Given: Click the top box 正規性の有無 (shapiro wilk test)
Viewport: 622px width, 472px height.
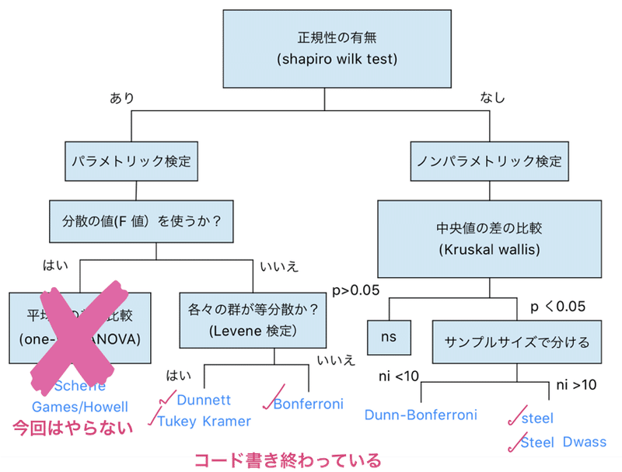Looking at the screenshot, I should tap(337, 49).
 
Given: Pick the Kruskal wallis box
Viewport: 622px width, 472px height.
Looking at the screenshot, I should tap(490, 239).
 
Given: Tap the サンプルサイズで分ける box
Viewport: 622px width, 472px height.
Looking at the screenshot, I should tap(517, 341).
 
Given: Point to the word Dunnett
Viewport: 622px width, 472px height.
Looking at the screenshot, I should tap(204, 401).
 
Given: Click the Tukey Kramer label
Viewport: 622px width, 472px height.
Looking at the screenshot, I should tap(204, 421).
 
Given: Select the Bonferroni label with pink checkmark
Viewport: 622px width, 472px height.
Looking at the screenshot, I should tap(309, 404).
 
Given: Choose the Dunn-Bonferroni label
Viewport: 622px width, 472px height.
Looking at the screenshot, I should tap(420, 415).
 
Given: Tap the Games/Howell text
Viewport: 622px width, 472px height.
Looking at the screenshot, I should tap(79, 406).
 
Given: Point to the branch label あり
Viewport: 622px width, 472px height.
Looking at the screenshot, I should tap(121, 98).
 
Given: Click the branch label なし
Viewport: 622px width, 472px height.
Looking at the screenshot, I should tap(492, 98).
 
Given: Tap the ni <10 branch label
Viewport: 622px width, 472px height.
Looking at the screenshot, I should tap(398, 377).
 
